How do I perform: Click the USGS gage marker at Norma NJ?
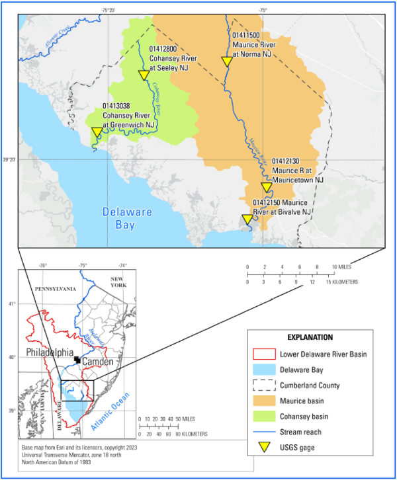[226, 61]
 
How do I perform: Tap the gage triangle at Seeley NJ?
[144, 75]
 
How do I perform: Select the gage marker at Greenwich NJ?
[97, 132]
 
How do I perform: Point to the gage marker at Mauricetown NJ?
[266, 188]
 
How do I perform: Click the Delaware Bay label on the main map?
[127, 219]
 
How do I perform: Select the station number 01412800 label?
[162, 49]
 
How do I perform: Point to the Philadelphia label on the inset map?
[50, 352]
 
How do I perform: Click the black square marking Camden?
[77, 360]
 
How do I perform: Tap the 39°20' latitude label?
[10, 159]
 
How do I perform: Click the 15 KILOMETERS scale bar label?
[341, 281]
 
